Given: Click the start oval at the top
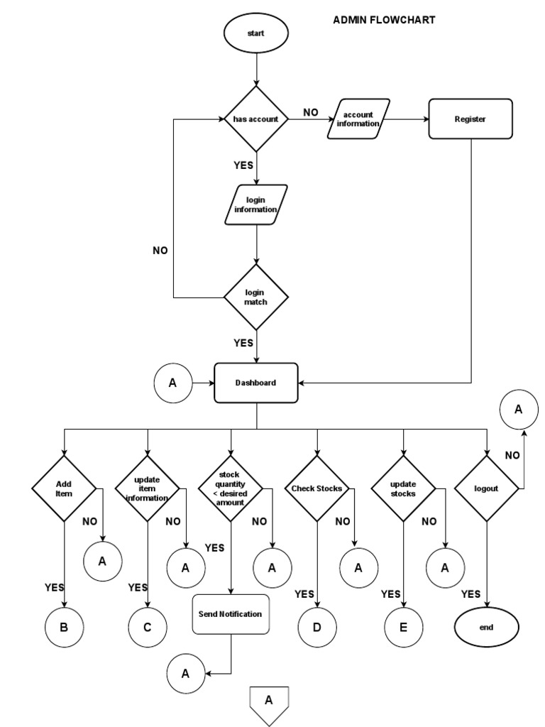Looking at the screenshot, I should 256,33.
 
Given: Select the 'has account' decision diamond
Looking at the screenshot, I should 256,119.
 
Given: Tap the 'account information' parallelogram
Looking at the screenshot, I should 358,119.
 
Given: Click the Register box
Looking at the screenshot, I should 470,119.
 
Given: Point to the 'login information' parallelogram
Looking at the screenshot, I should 256,205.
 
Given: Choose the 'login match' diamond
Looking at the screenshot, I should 256,297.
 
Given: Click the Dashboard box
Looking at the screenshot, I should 256,383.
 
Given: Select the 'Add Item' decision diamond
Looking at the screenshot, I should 64,488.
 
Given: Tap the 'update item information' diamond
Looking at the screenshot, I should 148,488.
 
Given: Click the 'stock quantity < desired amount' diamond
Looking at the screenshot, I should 231,488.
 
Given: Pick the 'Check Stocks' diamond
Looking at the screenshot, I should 316,488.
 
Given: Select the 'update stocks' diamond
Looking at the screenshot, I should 403,488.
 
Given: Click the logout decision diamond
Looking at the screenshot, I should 487,488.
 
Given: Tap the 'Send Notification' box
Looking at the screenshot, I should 231,614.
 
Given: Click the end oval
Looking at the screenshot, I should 487,628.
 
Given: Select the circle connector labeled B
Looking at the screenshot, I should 64,628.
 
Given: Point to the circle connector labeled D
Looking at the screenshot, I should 316,628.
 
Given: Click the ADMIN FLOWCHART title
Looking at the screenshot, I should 384,20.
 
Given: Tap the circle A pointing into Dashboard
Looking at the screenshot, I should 173,383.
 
